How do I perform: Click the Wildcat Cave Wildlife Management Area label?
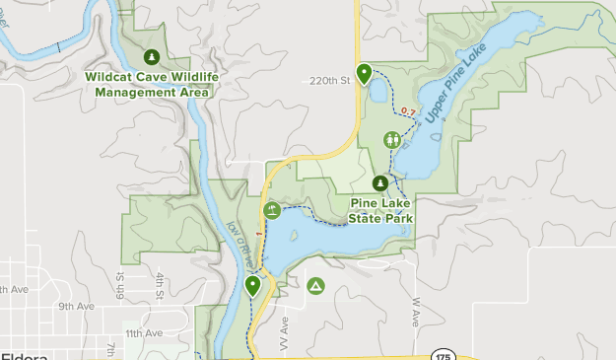pyautogui.click(x=151, y=84)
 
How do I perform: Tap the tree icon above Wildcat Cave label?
pyautogui.click(x=151, y=56)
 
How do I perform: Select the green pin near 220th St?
pyautogui.click(x=365, y=74)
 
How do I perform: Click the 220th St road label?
pyautogui.click(x=329, y=82)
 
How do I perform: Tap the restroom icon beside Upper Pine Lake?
pyautogui.click(x=393, y=139)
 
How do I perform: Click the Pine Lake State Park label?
pyautogui.click(x=380, y=210)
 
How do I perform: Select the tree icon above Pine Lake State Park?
pyautogui.click(x=380, y=182)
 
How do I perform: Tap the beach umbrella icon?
pyautogui.click(x=271, y=209)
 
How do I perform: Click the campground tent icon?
pyautogui.click(x=315, y=286)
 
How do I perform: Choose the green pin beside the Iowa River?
pyautogui.click(x=253, y=287)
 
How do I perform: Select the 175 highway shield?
pyautogui.click(x=444, y=354)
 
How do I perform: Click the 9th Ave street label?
pyautogui.click(x=75, y=306)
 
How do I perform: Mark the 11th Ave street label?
pyautogui.click(x=143, y=333)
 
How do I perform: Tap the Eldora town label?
pyautogui.click(x=20, y=354)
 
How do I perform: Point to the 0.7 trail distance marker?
pyautogui.click(x=408, y=110)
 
